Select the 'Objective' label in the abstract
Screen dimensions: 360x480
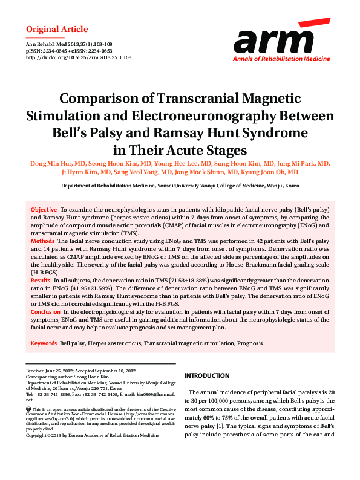pos(44,209)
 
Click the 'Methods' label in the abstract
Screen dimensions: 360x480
pos(43,241)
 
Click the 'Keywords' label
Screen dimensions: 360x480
pos(44,343)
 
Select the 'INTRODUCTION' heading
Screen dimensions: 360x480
pos(207,375)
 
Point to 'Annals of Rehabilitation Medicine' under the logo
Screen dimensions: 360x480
pos(281,59)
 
